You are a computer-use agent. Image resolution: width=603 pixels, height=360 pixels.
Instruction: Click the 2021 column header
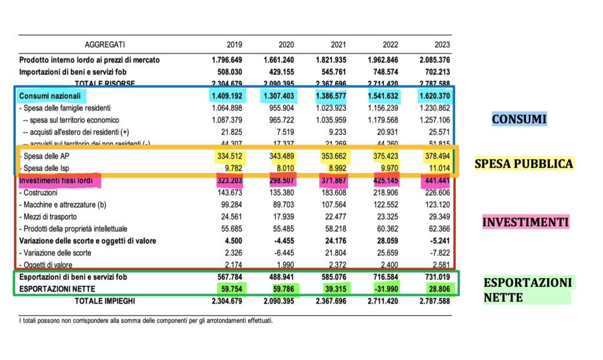(337, 45)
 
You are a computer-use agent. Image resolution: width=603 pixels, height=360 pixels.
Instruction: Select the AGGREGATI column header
(105, 45)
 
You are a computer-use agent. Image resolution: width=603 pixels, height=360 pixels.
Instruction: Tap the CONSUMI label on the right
(519, 120)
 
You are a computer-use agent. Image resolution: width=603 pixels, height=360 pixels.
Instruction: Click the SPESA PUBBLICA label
(524, 164)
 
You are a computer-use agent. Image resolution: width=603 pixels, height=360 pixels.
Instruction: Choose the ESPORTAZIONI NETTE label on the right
(527, 290)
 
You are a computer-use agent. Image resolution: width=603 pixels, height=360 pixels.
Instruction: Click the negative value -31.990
(389, 289)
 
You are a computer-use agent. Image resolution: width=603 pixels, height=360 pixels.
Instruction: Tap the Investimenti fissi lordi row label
(59, 180)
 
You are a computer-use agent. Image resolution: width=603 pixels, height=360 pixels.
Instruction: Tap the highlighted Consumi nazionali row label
(51, 95)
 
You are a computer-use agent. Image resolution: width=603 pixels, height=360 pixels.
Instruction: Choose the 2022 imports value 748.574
(389, 71)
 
